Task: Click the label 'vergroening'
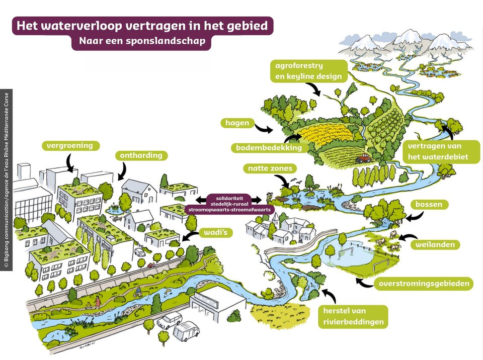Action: pos(70,146)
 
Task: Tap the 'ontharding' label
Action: pos(141,155)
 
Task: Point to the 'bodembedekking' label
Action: pos(269,148)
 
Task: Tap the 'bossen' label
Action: pos(429,205)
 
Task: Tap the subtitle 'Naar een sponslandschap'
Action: pos(142,41)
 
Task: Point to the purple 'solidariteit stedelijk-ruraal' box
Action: pos(229,203)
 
